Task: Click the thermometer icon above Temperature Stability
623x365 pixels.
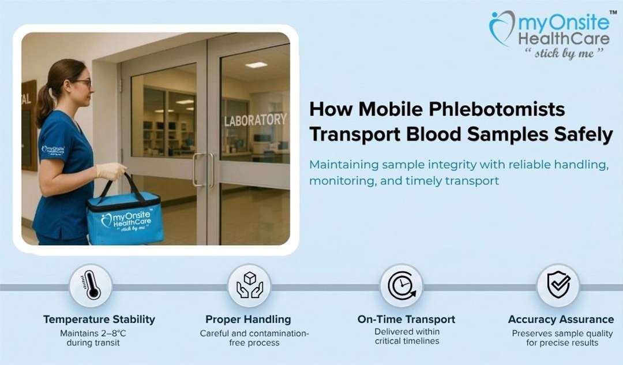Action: (91, 285)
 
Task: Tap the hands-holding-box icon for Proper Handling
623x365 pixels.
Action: (249, 285)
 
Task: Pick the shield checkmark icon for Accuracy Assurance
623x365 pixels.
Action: (558, 285)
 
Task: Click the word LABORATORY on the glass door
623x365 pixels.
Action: (255, 120)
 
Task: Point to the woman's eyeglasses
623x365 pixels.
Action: (82, 83)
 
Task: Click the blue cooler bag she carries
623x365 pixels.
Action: (125, 218)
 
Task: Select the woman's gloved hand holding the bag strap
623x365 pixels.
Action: (111, 171)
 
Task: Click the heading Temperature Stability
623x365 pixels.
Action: (99, 319)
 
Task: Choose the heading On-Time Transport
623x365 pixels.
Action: (406, 319)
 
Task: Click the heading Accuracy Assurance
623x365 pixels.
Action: (561, 319)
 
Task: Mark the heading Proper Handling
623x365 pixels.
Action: (248, 319)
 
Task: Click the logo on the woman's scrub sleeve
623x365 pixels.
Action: (53, 151)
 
